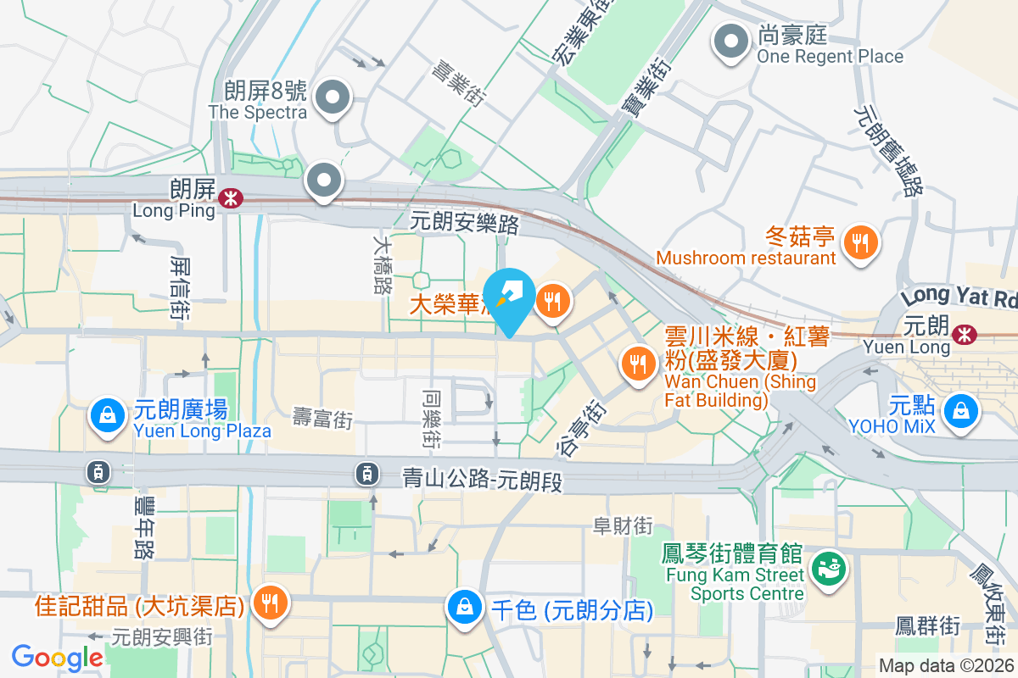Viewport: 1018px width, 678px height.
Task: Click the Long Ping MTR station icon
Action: point(229,198)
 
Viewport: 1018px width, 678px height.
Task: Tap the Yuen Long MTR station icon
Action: point(964,334)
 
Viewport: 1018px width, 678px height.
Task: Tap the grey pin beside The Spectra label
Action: point(333,99)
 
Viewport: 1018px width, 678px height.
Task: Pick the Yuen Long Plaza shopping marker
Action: point(107,416)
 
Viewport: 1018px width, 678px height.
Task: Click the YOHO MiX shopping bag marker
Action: point(961,411)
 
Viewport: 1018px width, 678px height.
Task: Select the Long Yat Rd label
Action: point(959,297)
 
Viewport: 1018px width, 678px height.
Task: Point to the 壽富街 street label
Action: point(322,418)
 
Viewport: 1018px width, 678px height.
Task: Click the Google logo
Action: point(58,657)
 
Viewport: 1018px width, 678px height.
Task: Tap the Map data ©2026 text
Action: point(945,666)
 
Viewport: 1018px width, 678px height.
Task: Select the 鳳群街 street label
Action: point(928,626)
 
